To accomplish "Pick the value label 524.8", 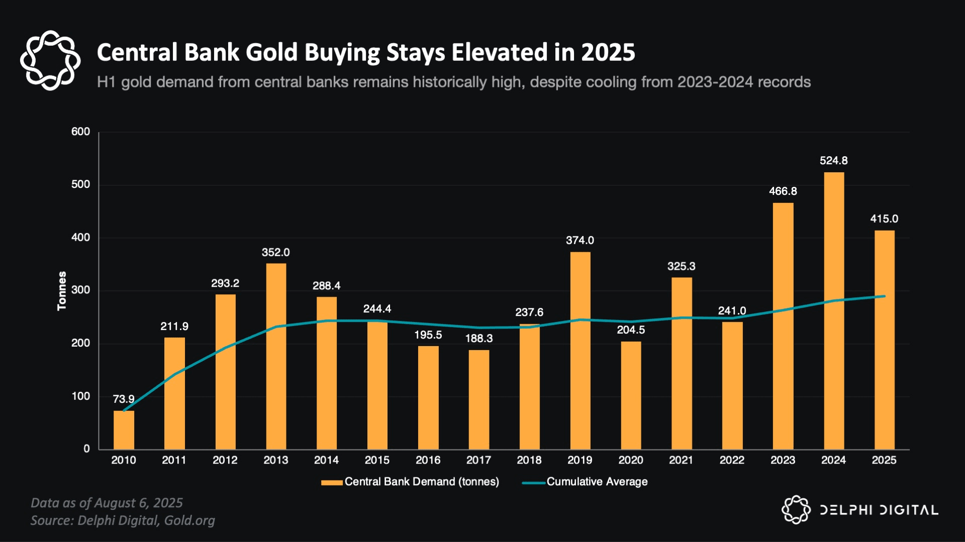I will point(833,161).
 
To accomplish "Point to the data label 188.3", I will point(478,339).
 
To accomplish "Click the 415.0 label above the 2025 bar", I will point(884,219).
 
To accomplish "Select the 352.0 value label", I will point(275,253).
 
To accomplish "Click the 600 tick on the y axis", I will point(80,132).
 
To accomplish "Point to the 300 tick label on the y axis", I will point(80,290).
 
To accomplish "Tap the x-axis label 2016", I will point(428,460).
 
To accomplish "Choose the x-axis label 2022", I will point(732,460).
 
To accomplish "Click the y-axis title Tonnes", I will point(62,291).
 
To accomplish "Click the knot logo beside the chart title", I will point(50,60).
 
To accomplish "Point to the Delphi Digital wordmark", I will point(879,510).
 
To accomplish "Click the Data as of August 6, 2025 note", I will point(107,503).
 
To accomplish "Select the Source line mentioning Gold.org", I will point(123,520).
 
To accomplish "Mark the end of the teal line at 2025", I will point(884,296).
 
